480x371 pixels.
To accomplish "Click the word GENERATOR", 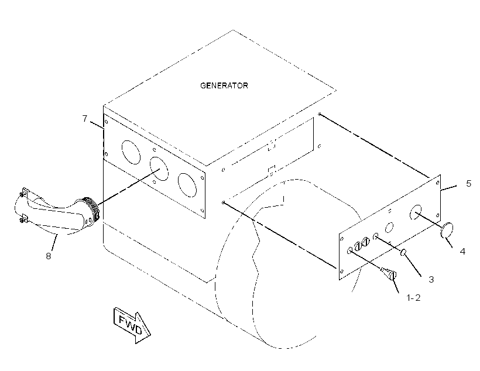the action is click(x=224, y=85).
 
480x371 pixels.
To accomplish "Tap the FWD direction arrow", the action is click(x=132, y=325).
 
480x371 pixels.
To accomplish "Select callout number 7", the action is click(x=85, y=118).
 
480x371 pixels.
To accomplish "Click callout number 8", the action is click(x=49, y=256).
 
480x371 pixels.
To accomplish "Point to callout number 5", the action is click(x=468, y=183).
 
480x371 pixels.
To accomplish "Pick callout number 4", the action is click(x=462, y=251).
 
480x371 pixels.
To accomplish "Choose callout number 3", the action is click(x=431, y=279).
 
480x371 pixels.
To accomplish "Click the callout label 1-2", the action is click(x=413, y=297).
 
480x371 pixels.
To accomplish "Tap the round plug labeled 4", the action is click(x=447, y=230).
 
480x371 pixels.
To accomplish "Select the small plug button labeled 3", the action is click(x=403, y=253).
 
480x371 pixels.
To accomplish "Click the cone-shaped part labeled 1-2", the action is click(x=389, y=273).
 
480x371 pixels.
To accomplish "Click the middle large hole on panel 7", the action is click(x=159, y=169).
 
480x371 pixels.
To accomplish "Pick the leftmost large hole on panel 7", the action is click(x=131, y=152).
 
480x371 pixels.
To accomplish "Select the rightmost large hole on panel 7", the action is click(x=187, y=185).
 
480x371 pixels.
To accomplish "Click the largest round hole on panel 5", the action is click(x=416, y=212).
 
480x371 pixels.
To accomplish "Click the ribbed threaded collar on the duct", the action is click(x=92, y=208).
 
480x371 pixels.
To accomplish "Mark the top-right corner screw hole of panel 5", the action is click(x=438, y=183).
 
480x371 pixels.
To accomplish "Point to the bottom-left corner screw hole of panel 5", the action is click(x=342, y=271).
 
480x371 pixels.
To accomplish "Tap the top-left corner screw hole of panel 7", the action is click(x=106, y=122).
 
